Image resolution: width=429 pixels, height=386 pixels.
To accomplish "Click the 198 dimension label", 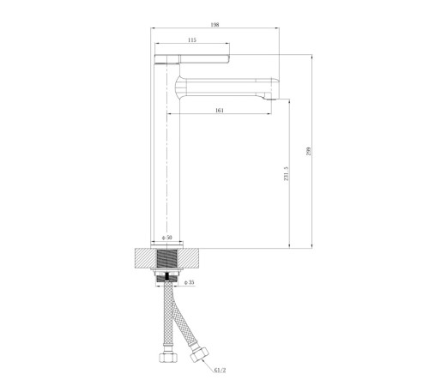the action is click(x=214, y=25).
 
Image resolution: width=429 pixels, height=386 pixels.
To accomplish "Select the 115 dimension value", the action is click(x=192, y=40).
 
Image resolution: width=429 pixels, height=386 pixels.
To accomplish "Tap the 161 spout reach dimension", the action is click(x=220, y=111).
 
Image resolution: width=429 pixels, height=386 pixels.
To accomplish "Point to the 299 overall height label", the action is click(x=308, y=151).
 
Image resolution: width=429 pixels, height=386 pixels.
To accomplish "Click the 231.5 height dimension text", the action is click(x=287, y=174).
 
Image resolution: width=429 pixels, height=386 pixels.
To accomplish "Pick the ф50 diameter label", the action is click(x=167, y=238).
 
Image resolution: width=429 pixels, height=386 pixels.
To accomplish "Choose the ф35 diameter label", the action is click(x=190, y=282).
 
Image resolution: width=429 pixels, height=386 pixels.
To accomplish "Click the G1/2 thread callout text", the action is click(x=220, y=371).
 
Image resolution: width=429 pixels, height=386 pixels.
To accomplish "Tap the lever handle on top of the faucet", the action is click(x=192, y=58).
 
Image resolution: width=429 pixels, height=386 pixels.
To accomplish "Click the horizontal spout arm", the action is click(x=226, y=87).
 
